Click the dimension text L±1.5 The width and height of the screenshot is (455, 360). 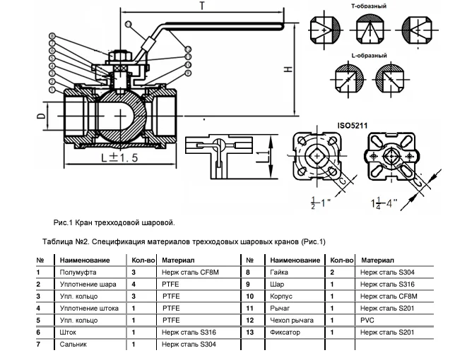click(x=117, y=157)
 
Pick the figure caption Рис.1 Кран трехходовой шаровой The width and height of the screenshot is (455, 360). click(x=113, y=223)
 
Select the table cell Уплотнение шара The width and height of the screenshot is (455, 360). click(x=89, y=284)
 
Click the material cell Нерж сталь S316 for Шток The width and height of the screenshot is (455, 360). click(x=189, y=332)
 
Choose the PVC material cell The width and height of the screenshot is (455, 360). click(x=368, y=320)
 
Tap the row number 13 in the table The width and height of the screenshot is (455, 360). click(x=249, y=332)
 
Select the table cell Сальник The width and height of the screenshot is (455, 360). click(x=76, y=344)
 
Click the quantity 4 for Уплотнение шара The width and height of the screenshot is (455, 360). click(x=133, y=284)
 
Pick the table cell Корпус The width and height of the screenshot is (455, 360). click(x=281, y=296)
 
